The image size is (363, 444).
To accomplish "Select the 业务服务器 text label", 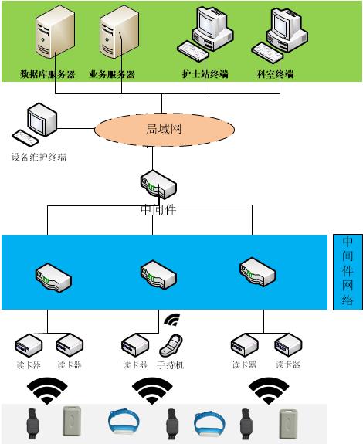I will click(x=112, y=75).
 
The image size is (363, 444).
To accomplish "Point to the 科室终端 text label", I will click(x=275, y=75).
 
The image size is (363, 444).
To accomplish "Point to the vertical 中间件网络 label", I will click(x=348, y=271).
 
